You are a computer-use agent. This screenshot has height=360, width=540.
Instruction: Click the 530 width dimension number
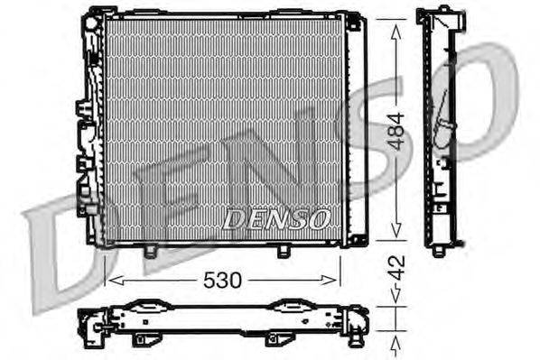pos(221,280)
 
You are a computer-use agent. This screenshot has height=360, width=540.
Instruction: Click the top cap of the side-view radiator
pos(440,14)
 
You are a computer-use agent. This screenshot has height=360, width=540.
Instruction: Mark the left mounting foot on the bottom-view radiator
pos(143,339)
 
